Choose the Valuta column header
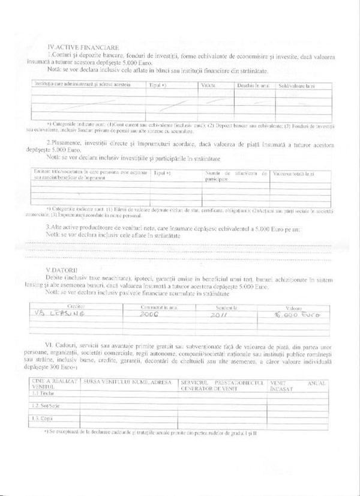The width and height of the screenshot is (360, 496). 209,85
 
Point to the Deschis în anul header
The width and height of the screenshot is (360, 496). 253,85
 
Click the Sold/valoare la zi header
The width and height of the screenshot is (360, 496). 296,85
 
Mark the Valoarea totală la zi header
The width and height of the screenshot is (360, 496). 293,173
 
